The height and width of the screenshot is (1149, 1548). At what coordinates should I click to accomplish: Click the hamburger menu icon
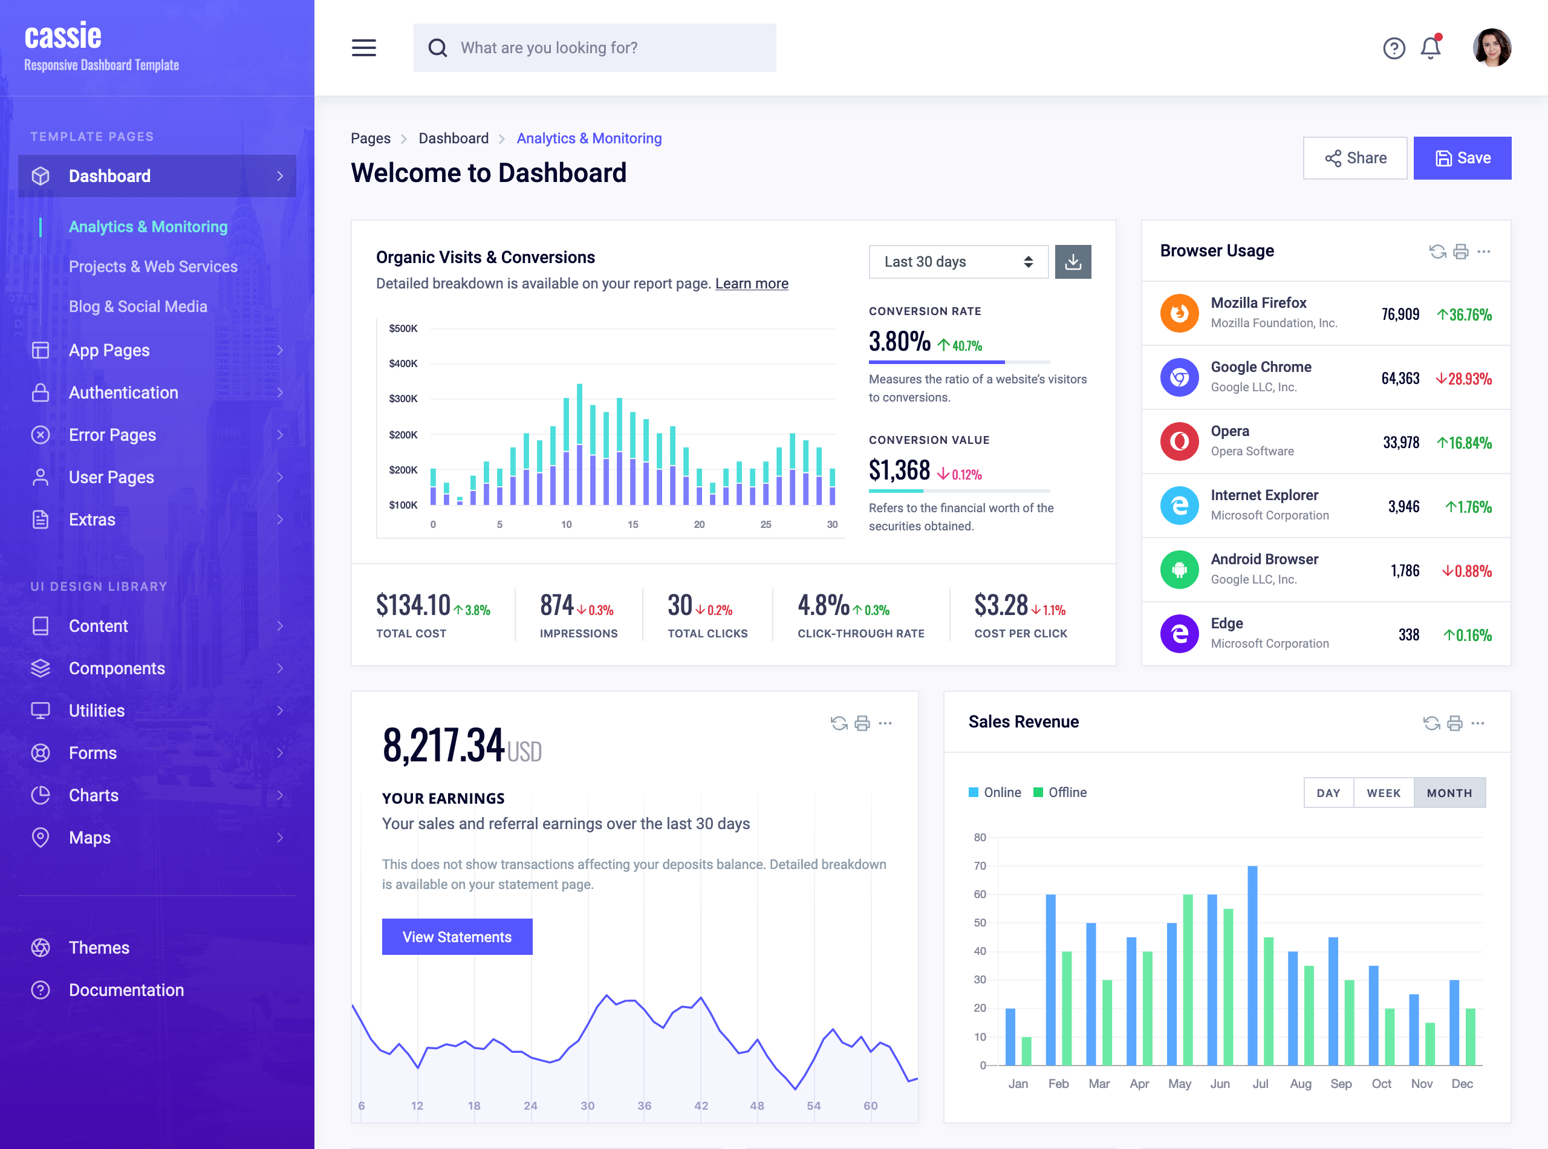click(x=363, y=48)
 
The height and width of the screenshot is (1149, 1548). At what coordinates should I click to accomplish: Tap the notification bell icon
click(x=1431, y=48)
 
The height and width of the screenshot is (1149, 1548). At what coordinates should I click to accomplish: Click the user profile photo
click(x=1492, y=48)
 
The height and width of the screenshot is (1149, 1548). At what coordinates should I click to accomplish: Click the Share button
click(x=1354, y=158)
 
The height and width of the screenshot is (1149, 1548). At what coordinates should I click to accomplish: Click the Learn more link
click(x=751, y=284)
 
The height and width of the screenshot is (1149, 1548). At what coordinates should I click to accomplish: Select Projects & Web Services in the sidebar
click(x=153, y=267)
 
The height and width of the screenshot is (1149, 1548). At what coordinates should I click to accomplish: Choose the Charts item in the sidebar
click(x=94, y=796)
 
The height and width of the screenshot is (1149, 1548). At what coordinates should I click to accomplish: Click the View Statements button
click(x=457, y=937)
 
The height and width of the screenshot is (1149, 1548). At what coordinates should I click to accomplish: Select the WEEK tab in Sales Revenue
click(x=1383, y=793)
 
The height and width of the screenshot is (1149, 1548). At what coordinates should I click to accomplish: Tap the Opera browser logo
click(x=1179, y=441)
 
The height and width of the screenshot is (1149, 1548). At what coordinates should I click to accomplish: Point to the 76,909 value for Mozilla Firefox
click(x=1400, y=315)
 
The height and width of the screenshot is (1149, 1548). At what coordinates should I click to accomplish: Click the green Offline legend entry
click(x=1060, y=793)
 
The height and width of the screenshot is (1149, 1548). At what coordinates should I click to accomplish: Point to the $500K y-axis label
click(x=403, y=329)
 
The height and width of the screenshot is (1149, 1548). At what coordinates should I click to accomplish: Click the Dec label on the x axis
click(x=1462, y=1084)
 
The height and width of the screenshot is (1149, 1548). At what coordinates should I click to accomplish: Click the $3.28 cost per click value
click(x=1001, y=606)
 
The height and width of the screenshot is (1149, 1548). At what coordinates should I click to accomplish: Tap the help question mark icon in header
click(x=1394, y=48)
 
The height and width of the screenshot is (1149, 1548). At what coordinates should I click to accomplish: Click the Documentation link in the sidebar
click(x=126, y=991)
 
